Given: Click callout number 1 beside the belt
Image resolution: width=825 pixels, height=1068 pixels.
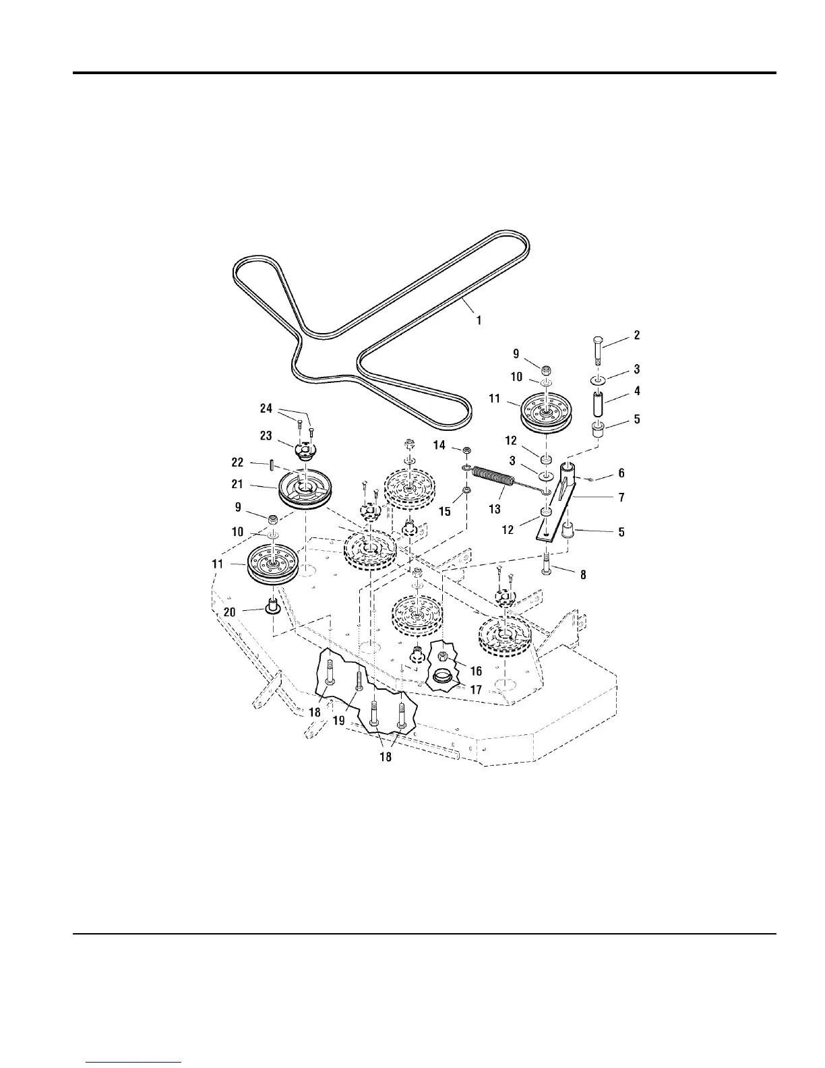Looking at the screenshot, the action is [479, 320].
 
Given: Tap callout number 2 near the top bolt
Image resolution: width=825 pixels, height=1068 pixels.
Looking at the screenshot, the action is [637, 335].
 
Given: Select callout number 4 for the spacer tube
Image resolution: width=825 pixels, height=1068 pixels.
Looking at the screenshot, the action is [637, 391].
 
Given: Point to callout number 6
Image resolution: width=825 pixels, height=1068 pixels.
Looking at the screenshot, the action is [621, 474].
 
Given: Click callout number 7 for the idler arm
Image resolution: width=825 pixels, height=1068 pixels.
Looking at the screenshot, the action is [621, 498].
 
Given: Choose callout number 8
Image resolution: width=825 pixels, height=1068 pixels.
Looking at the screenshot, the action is [583, 575].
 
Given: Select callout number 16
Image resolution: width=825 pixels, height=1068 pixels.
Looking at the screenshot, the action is [476, 671].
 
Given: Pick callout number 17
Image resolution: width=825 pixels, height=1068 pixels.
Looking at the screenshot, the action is [476, 690].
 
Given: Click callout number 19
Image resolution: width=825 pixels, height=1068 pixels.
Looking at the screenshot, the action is [339, 720].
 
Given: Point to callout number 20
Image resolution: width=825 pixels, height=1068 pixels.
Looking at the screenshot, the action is [230, 612].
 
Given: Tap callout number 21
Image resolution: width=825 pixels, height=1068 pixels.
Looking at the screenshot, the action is [237, 484].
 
